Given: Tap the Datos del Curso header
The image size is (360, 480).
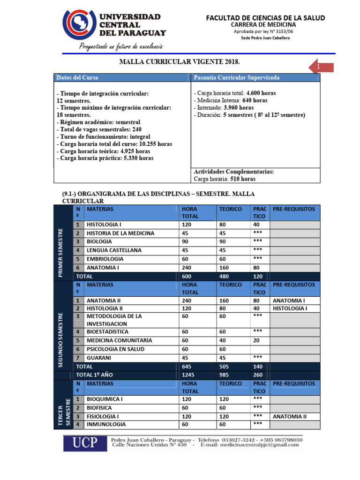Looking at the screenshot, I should coord(78,77).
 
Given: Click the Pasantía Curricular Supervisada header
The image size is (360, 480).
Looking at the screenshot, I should coord(237,77).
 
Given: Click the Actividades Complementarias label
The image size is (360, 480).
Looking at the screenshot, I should coord(233,172).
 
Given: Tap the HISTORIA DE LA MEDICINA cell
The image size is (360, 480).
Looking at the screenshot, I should coord(120,233).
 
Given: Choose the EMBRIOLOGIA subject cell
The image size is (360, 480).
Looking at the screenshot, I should coord(105,259).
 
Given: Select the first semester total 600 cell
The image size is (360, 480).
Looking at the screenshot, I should coord(187,277).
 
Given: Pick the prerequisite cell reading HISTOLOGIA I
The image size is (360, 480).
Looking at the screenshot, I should coord(290,308).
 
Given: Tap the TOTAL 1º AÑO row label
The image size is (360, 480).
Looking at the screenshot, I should coord(95,375).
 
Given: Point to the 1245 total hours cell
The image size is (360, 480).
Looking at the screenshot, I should coord(188,375).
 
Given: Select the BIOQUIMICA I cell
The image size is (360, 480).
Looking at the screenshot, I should coord(105,399).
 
